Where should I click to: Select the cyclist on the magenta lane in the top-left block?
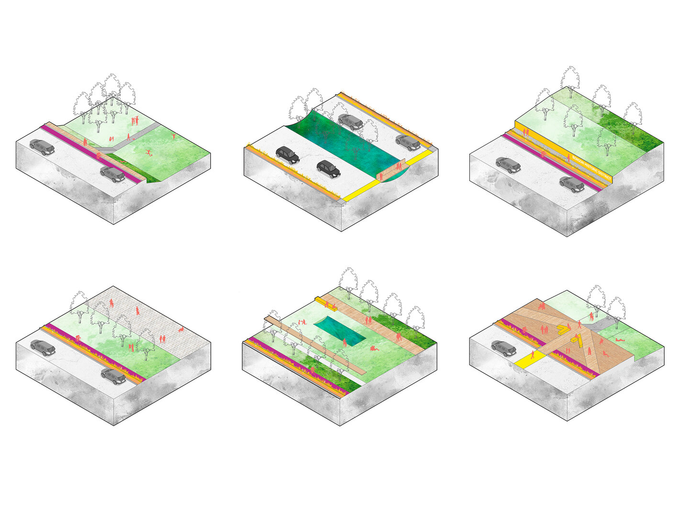(99, 155)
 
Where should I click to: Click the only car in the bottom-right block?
(503, 348)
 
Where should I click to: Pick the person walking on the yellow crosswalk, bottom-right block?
(533, 355)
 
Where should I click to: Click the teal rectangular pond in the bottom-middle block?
(340, 331)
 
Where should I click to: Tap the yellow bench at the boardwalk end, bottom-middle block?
(320, 300)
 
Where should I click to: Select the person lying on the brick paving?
(181, 329)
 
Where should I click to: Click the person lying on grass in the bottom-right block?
(619, 340)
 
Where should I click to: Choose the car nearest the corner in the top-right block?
(572, 184)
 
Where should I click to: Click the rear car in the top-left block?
(42, 146)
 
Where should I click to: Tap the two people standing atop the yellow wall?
(526, 132)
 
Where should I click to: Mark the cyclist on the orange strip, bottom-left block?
(78, 337)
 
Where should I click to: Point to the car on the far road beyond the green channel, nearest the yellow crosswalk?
(408, 142)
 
